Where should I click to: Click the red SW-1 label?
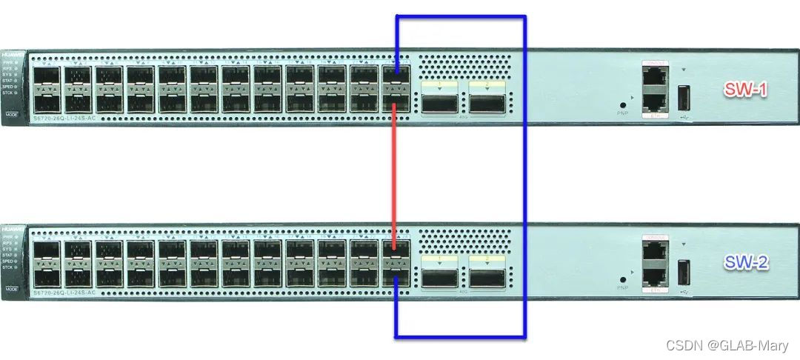tap(746, 90)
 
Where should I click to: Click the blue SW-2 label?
tap(746, 263)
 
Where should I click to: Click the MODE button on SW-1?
tap(11, 116)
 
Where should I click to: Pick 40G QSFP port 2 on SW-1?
tap(487, 101)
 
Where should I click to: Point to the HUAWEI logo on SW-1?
tap(10, 56)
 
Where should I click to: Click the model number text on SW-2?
tap(65, 294)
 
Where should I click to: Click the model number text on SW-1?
tap(65, 119)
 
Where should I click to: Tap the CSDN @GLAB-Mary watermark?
tap(727, 346)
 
